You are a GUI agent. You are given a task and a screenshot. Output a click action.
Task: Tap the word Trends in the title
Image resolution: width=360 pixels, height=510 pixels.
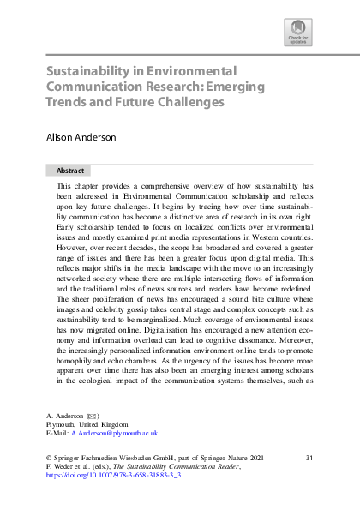point(65,102)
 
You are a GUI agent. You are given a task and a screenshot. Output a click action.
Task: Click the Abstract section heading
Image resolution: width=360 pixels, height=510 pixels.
point(70,171)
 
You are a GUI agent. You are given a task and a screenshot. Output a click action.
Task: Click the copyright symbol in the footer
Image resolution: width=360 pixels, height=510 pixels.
point(49,459)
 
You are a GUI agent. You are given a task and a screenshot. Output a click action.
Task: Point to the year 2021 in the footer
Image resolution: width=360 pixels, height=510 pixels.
point(279,459)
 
